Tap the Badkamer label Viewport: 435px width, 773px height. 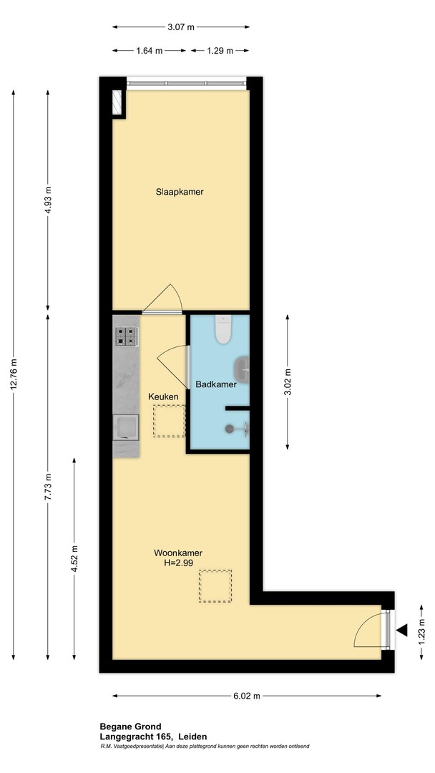click(216, 384)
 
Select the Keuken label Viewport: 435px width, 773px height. click(163, 396)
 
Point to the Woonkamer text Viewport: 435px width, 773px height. click(178, 553)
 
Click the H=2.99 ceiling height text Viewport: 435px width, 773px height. click(178, 563)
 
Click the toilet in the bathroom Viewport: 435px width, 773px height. click(223, 329)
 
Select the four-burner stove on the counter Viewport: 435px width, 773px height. click(126, 336)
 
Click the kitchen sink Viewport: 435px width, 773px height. click(126, 427)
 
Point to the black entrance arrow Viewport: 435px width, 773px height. click(403, 630)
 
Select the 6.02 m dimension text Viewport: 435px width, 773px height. click(246, 696)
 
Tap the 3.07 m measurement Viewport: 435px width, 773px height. click(180, 27)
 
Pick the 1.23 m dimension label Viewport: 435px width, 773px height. click(421, 631)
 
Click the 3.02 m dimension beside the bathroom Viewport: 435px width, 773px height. click(288, 382)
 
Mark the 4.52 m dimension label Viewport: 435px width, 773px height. click(74, 558)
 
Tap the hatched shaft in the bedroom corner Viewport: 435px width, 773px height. click(118, 102)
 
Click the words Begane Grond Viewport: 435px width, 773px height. click(130, 726)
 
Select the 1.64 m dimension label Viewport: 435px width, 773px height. click(150, 50)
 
